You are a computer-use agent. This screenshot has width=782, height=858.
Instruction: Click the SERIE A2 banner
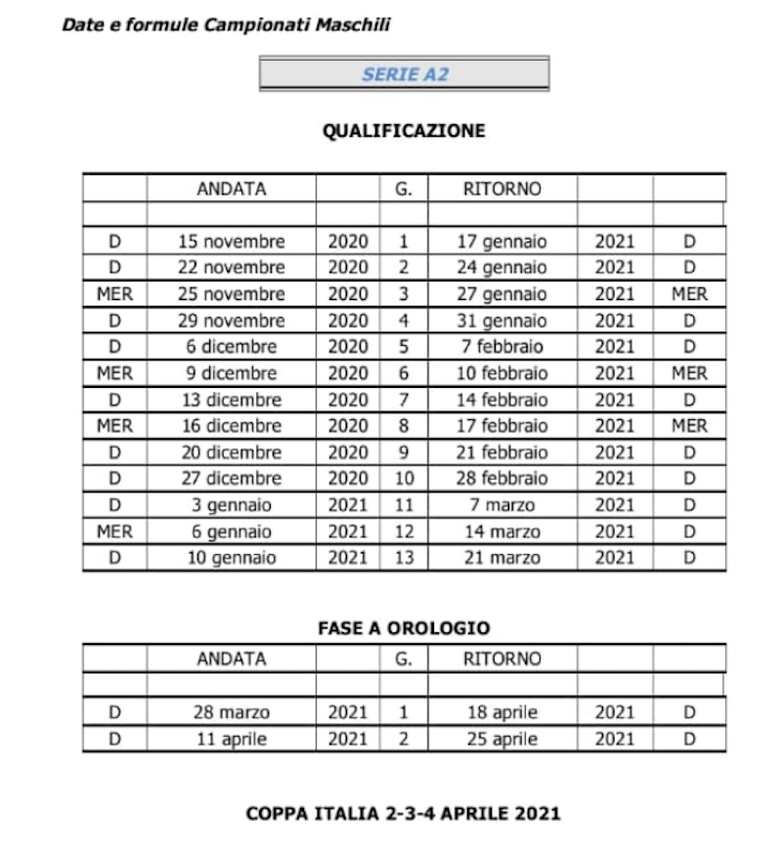[x=404, y=74]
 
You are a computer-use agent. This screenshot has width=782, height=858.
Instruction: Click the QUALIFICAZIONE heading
[x=404, y=131]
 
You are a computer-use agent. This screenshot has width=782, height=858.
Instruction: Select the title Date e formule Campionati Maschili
[x=226, y=25]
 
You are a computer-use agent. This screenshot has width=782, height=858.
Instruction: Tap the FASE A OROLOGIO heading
[x=404, y=628]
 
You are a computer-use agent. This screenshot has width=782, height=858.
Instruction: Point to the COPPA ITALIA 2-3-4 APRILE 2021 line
[x=404, y=813]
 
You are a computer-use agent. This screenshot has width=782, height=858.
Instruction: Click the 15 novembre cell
[x=232, y=241]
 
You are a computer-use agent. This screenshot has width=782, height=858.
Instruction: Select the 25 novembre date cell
[x=232, y=294]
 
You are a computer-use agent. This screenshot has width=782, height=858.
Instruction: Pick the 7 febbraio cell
[x=502, y=347]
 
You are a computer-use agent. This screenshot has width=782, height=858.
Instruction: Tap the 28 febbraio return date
[x=502, y=479]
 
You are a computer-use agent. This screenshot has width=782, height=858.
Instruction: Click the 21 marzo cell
[x=502, y=558]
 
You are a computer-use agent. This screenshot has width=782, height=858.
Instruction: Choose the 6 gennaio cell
[x=232, y=532]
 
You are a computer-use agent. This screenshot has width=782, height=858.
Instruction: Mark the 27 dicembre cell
[x=232, y=479]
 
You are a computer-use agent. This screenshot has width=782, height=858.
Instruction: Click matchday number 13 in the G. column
[x=404, y=558]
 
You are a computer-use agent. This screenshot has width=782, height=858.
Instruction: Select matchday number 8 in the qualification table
[x=404, y=426]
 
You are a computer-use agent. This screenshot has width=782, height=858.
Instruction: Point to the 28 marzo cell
[x=232, y=712]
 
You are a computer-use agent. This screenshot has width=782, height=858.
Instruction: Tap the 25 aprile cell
[x=502, y=739]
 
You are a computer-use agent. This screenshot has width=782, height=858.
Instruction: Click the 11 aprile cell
[x=232, y=739]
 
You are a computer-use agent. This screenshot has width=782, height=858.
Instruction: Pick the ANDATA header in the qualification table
[x=232, y=190]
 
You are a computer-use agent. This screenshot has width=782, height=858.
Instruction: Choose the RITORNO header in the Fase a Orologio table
[x=502, y=660]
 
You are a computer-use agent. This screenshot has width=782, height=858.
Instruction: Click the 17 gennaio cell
[x=502, y=241]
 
